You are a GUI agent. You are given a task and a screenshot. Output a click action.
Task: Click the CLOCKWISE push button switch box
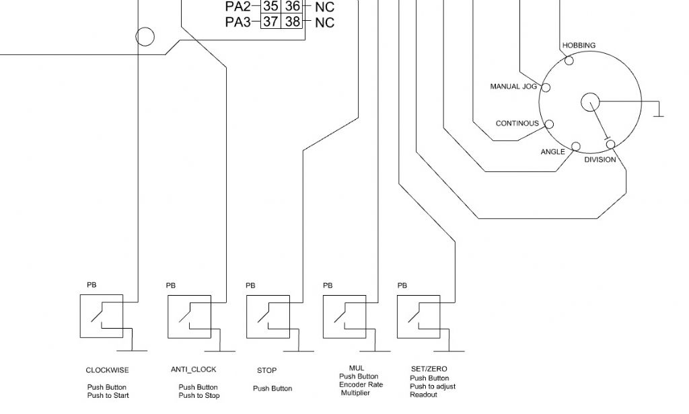pyautogui.click(x=81, y=316)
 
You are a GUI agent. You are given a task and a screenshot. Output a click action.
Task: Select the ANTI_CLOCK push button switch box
pyautogui.click(x=168, y=317)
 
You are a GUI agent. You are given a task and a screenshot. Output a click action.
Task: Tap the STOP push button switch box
pyautogui.click(x=246, y=317)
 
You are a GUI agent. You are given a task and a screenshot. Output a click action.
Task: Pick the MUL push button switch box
pyautogui.click(x=324, y=317)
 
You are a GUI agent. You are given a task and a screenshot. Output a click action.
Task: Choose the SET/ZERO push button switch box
pyautogui.click(x=398, y=317)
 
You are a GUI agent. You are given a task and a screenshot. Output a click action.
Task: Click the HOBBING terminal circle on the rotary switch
pyautogui.click(x=569, y=60)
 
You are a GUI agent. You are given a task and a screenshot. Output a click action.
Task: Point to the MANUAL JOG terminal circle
pyautogui.click(x=546, y=88)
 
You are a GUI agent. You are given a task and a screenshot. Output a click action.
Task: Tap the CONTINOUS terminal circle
pyautogui.click(x=549, y=124)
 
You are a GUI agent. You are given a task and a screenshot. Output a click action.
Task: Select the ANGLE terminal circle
pyautogui.click(x=576, y=147)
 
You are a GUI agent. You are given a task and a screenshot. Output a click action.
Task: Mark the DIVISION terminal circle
pyautogui.click(x=611, y=144)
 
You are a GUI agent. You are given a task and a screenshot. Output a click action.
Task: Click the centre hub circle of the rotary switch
pyautogui.click(x=590, y=102)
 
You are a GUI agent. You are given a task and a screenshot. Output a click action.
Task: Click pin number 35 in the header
pyautogui.click(x=270, y=6)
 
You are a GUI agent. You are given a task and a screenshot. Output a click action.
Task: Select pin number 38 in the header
pyautogui.click(x=293, y=21)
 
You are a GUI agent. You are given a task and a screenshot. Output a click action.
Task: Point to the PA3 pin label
pyautogui.click(x=238, y=22)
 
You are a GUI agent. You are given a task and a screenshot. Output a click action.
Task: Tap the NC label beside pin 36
pyautogui.click(x=325, y=7)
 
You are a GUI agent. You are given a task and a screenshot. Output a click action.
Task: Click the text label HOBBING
pyautogui.click(x=579, y=45)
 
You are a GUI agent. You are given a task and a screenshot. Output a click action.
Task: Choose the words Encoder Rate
pyautogui.click(x=361, y=384)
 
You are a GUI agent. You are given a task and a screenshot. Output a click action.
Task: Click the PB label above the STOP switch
pyautogui.click(x=250, y=286)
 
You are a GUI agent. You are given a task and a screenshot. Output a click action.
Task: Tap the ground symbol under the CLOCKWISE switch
pyautogui.click(x=133, y=350)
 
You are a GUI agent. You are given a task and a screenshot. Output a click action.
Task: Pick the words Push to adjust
pyautogui.click(x=433, y=386)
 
